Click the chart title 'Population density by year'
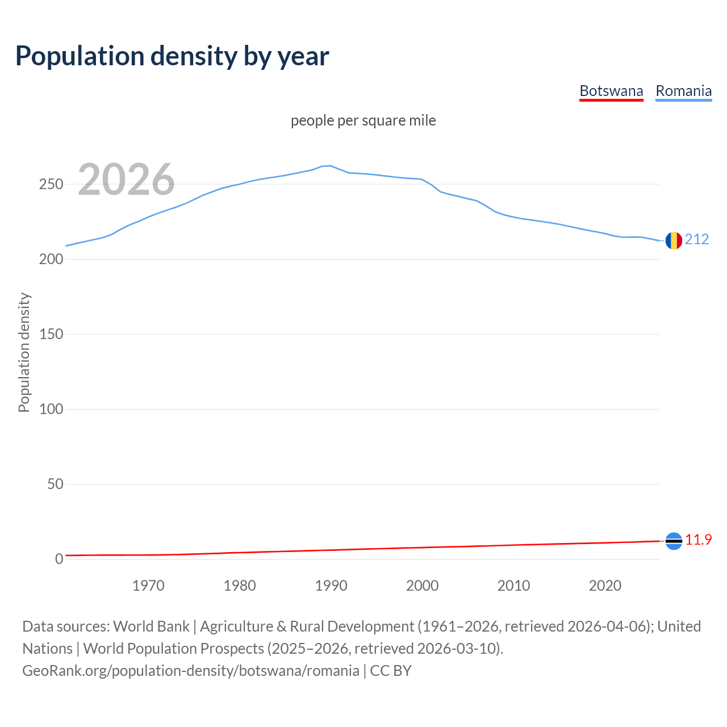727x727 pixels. [172, 56]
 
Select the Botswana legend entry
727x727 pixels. [611, 91]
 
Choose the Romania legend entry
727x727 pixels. [683, 91]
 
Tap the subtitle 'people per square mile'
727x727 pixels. [363, 121]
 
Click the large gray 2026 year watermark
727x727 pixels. [126, 179]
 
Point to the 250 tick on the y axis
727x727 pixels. [51, 185]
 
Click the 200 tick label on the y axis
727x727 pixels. [51, 260]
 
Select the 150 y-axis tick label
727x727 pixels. [51, 335]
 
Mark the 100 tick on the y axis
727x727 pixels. [51, 410]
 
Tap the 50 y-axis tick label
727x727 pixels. [55, 484]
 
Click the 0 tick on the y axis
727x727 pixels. [59, 559]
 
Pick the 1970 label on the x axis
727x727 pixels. [148, 586]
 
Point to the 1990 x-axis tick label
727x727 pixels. [331, 586]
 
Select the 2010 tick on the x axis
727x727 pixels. [513, 586]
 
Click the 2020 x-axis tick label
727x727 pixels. [605, 586]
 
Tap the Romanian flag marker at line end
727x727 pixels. [674, 241]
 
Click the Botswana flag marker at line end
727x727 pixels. [674, 541]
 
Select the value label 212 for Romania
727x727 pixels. [697, 239]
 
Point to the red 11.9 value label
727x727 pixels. [698, 540]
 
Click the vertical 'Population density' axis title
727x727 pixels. [24, 352]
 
